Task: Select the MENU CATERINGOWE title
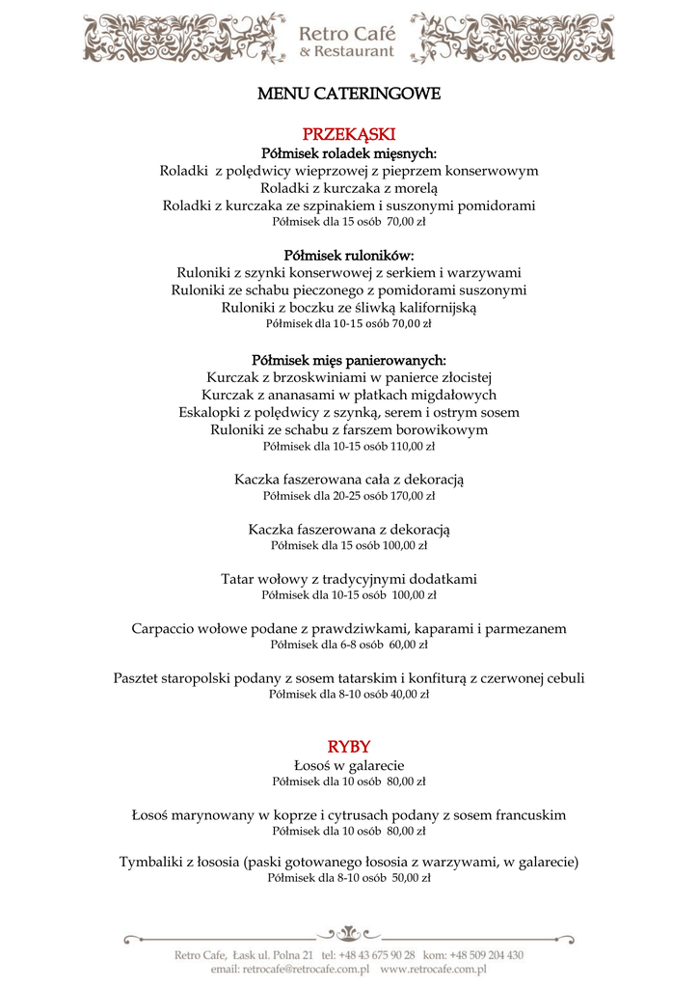[x=349, y=95]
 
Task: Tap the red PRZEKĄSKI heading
[x=349, y=134]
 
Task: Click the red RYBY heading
[x=349, y=747]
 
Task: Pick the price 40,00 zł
[x=410, y=693]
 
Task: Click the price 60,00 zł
[x=408, y=645]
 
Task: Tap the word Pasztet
[x=139, y=678]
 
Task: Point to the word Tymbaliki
[x=154, y=862]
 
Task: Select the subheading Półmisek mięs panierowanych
[x=349, y=360]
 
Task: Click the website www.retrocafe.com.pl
[x=433, y=968]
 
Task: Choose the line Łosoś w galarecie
[x=349, y=765]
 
